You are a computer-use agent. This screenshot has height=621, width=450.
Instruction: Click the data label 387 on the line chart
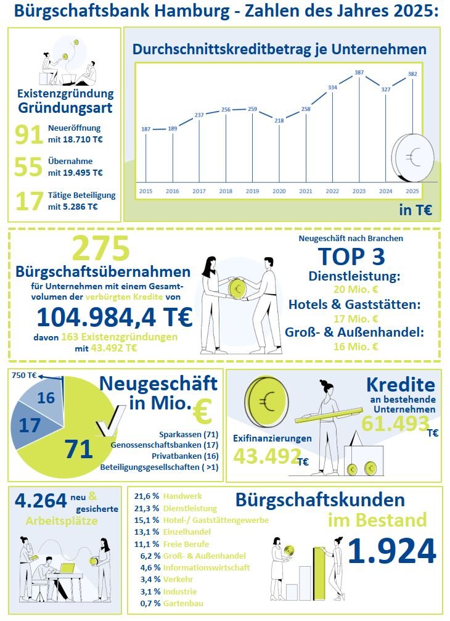359,73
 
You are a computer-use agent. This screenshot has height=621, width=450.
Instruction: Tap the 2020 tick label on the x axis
279,191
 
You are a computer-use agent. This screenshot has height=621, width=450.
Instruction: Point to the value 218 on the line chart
279,120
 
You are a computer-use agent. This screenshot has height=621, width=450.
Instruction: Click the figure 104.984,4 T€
115,317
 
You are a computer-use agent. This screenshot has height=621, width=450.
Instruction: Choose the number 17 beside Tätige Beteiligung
28,202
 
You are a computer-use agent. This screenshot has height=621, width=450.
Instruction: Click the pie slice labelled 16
46,398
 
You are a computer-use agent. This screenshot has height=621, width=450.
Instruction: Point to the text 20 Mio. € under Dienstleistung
355,290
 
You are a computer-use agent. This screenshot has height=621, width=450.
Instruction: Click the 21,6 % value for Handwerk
147,496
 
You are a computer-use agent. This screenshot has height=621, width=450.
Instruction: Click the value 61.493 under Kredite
395,424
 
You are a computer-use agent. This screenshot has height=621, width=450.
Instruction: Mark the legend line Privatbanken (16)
181,456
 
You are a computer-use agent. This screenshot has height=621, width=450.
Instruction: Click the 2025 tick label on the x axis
412,191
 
